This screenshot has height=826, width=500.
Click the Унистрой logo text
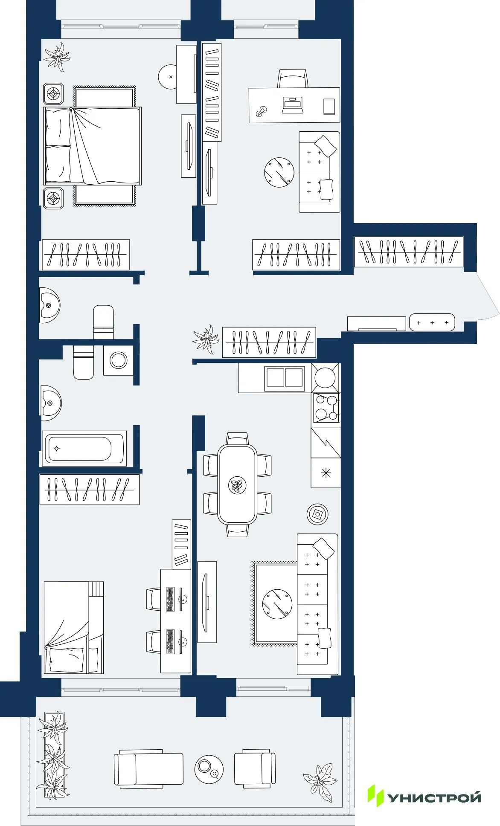[x=434, y=797]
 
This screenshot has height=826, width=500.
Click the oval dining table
[x=237, y=485]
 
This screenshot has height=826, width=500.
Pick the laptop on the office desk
[x=292, y=104]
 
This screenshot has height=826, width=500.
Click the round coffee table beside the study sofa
[x=279, y=172]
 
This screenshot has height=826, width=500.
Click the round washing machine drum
[x=118, y=360]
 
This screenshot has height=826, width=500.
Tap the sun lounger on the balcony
[x=148, y=768]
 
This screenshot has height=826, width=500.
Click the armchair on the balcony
[x=255, y=768]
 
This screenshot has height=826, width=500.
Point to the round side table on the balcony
[x=209, y=769]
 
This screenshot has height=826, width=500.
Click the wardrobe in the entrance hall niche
[x=408, y=252]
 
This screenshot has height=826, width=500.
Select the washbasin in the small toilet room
[x=49, y=305]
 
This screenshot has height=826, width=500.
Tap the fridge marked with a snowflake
[x=326, y=472]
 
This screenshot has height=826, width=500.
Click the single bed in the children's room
[x=73, y=627]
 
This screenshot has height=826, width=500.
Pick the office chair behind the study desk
[x=293, y=79]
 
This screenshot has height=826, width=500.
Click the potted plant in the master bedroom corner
[x=57, y=56]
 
